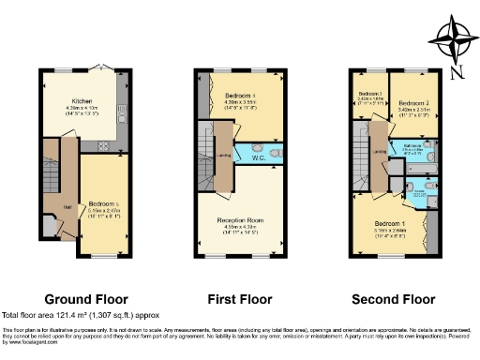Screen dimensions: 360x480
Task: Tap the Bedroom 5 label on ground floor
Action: click(x=103, y=204)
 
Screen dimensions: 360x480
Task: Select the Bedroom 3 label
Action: click(x=368, y=95)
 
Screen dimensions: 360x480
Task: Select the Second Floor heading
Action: click(x=390, y=300)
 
